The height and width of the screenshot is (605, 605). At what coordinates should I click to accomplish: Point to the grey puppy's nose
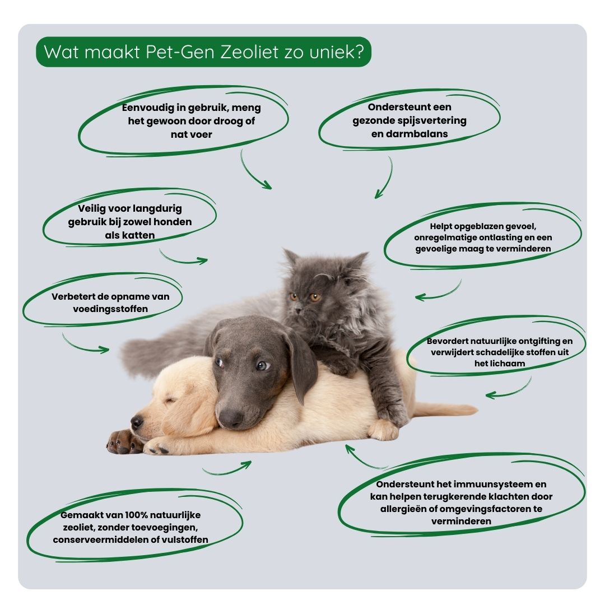[230, 417]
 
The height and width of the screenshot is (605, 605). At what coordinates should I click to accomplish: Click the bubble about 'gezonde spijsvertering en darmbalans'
[409, 120]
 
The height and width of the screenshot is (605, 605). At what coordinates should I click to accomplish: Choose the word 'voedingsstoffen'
[110, 309]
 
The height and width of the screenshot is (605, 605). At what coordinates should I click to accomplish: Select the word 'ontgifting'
[538, 341]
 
